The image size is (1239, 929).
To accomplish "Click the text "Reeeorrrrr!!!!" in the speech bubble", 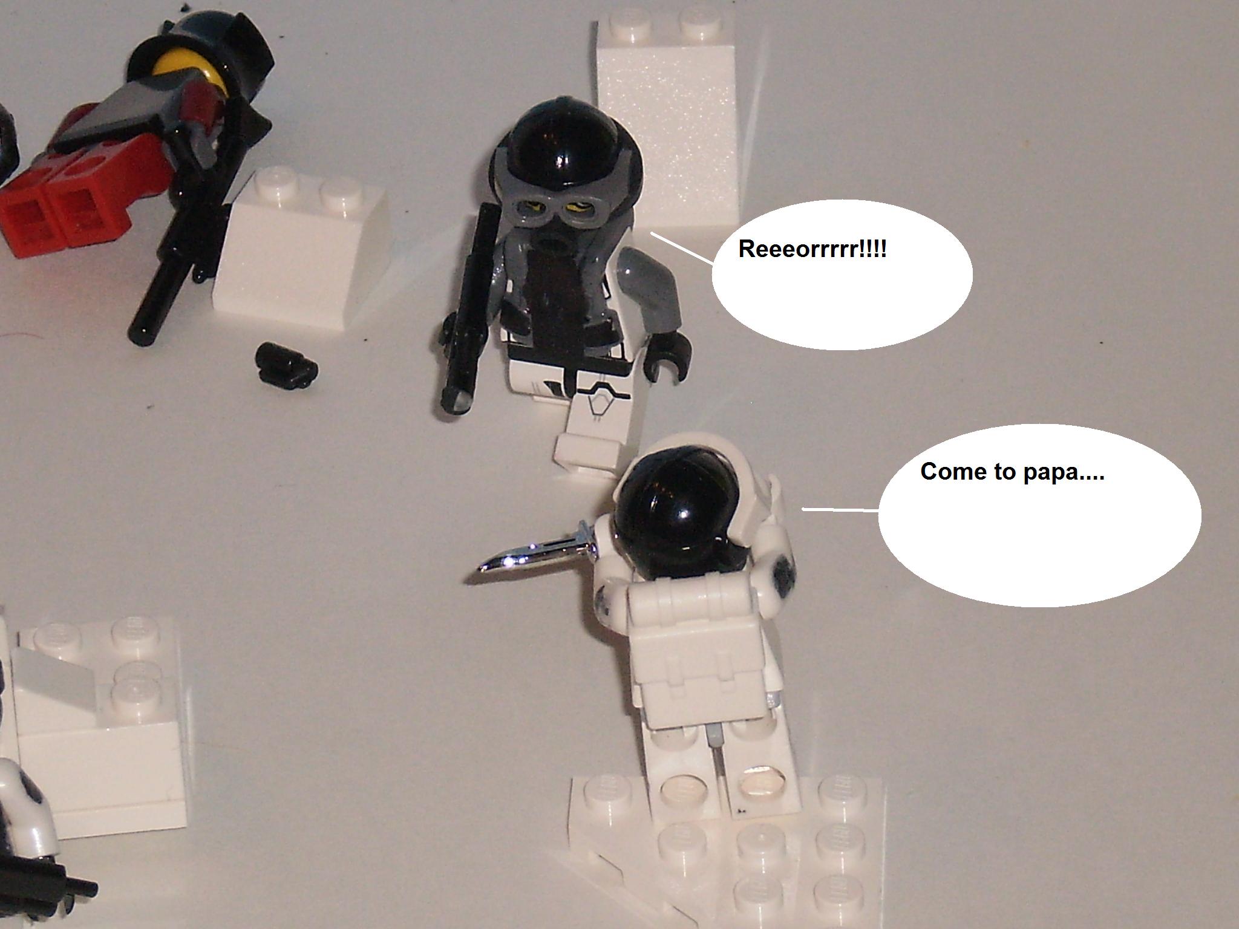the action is click(812, 249).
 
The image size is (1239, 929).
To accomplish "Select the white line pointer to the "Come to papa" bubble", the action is click(840, 510).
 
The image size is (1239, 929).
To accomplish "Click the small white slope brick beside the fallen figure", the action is click(299, 242).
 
